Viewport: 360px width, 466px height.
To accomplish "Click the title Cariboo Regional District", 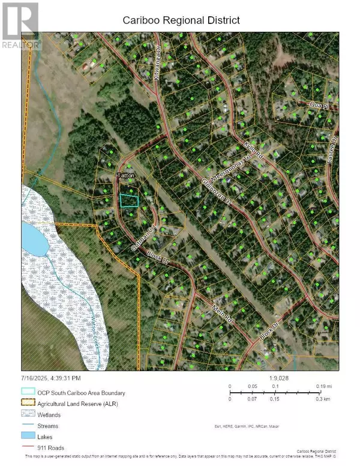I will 181,20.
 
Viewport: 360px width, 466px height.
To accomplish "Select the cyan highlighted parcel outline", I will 129,201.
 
